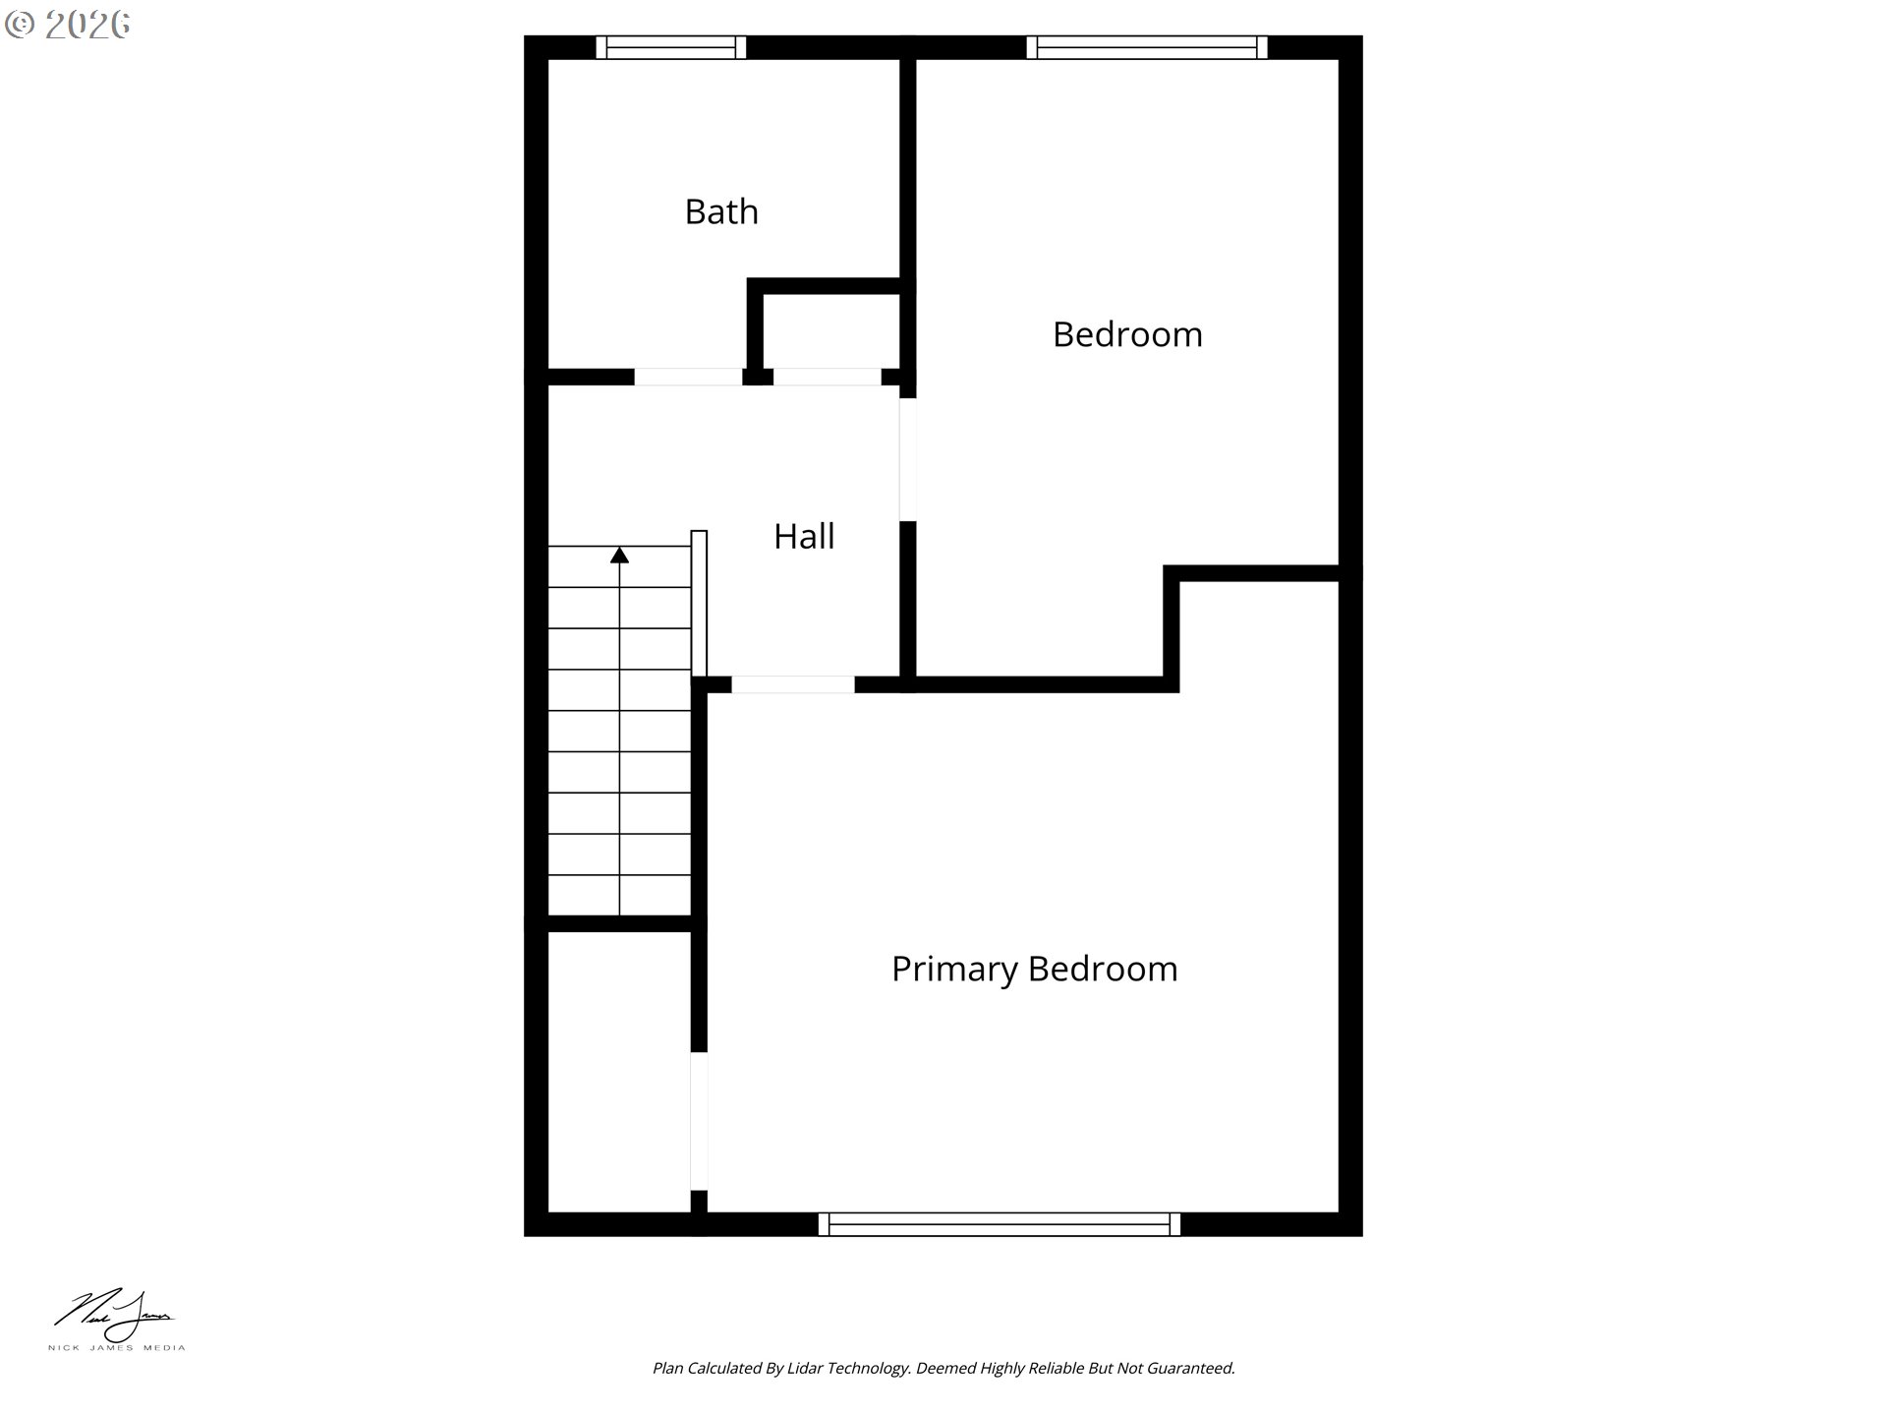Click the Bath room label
point(721,211)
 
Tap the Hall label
point(804,536)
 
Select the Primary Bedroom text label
point(1034,969)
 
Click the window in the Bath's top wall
point(671,47)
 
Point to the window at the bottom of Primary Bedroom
point(1000,1224)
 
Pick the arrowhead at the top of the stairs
point(619,556)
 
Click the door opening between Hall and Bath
point(688,377)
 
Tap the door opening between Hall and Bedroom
point(908,459)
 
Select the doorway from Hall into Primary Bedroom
point(793,684)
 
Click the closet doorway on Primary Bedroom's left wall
point(699,1121)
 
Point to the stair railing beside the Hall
point(699,604)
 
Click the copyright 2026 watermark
point(67,25)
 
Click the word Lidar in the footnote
point(805,1368)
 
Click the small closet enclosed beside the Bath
point(831,331)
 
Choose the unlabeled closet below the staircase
point(619,1072)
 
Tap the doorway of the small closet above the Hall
point(828,377)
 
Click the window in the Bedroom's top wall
point(1147,47)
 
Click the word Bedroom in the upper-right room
point(1127,334)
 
